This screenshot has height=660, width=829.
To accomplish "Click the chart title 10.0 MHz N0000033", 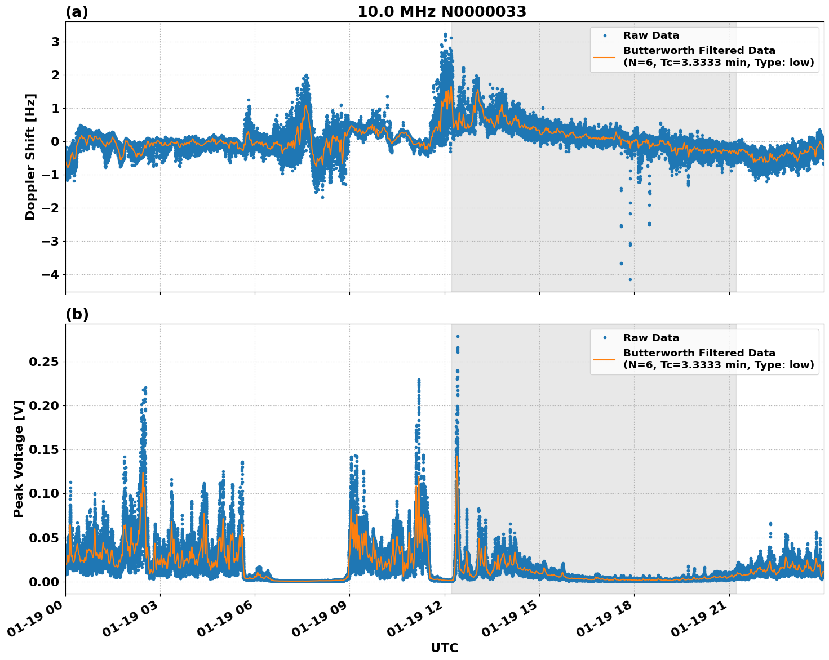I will [441, 12].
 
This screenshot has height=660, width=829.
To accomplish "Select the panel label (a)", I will [77, 12].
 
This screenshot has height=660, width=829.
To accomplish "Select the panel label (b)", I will [77, 314].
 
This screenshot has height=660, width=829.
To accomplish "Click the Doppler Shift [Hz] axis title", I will [30, 157].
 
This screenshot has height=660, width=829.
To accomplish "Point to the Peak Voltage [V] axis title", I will [19, 459].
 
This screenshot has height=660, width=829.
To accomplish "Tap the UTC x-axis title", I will [444, 648].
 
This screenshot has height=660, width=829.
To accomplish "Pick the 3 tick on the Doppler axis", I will [55, 42].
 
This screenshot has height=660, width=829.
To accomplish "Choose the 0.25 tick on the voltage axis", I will [43, 362].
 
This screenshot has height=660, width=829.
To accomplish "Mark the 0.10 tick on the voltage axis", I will [43, 493].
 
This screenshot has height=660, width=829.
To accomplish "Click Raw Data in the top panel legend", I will [651, 35].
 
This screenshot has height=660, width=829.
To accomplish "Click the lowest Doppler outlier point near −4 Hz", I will [630, 279].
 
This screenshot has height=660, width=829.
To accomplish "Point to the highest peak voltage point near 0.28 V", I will [458, 336].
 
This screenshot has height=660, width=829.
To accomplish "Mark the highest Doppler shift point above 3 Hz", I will [445, 34].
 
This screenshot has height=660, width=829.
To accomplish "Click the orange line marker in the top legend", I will [604, 56].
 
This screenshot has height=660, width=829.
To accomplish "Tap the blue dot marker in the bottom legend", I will [604, 338].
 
